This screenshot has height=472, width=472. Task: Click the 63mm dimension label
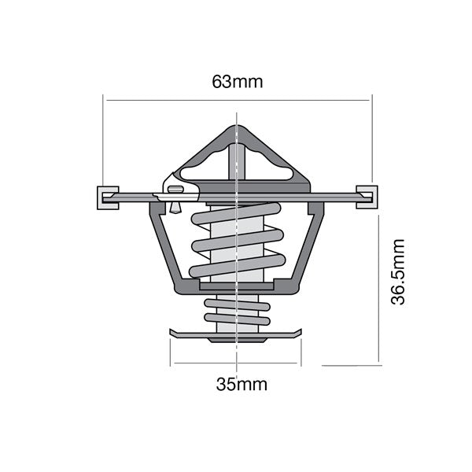237,81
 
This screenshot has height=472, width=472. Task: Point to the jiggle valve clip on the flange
174,189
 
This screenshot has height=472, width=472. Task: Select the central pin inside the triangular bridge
236,161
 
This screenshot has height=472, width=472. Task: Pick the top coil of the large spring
236,212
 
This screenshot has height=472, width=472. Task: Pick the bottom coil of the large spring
236,267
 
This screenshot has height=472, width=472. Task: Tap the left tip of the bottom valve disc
172,334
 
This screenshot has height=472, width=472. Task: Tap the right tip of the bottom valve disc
301,334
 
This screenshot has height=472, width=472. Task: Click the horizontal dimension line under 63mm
237,100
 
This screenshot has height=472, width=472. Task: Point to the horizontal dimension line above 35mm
236,363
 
